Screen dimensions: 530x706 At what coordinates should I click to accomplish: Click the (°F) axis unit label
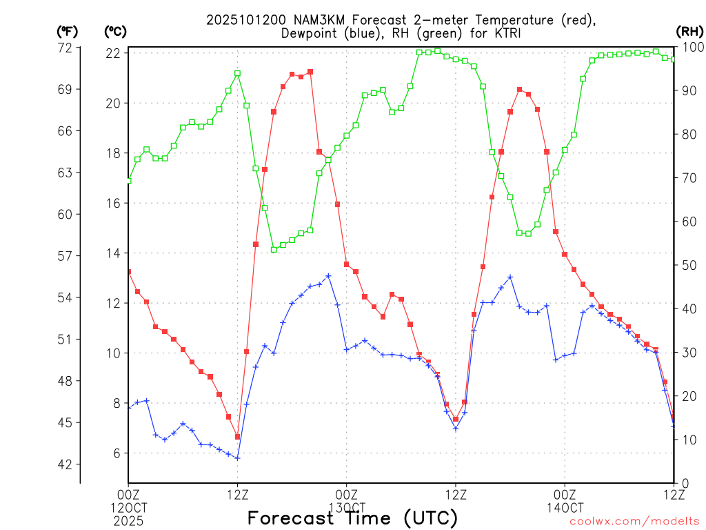tap(67, 31)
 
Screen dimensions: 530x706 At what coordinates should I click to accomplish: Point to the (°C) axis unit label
tap(115, 31)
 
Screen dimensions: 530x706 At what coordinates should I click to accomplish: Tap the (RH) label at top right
tap(690, 31)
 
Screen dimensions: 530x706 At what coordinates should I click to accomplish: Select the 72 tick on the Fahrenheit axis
tap(65, 48)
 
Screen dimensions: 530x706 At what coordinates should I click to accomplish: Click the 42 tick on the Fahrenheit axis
tap(65, 464)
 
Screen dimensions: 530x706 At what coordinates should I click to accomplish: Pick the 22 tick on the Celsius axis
tap(114, 53)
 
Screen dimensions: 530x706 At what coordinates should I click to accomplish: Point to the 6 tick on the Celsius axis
tap(118, 453)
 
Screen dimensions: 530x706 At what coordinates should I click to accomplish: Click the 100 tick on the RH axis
tap(692, 48)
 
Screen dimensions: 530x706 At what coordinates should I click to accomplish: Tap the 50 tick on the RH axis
tap(689, 265)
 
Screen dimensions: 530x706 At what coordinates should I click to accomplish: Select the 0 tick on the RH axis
tap(685, 483)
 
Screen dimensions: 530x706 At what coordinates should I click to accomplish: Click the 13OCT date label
tap(346, 507)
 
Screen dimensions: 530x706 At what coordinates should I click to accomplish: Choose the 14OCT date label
tap(565, 507)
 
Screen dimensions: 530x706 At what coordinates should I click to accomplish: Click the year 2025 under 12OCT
tap(128, 519)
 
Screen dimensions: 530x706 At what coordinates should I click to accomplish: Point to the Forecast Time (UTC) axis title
tap(352, 518)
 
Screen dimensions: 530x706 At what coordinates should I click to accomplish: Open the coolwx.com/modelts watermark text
tap(634, 521)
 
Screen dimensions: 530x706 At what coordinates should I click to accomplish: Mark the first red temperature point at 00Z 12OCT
tap(128, 272)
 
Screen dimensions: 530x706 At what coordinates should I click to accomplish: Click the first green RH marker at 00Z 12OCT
tap(128, 181)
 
